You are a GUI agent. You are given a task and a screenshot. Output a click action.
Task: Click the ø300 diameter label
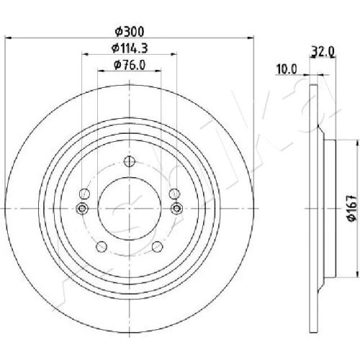(130, 32)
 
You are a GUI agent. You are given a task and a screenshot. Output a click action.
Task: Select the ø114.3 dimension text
(130, 48)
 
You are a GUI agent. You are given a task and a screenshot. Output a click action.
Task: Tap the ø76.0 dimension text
(130, 65)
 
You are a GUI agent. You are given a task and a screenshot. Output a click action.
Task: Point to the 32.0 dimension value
(323, 52)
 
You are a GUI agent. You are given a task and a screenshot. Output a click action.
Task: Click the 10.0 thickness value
(287, 69)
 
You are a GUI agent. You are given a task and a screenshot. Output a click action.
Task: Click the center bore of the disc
(130, 209)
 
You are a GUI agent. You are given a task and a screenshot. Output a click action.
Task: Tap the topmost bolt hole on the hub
(130, 161)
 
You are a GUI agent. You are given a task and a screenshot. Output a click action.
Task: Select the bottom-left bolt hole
(102, 246)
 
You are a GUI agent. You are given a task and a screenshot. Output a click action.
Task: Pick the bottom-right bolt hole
(158, 246)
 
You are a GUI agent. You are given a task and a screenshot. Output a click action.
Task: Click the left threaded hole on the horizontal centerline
(82, 208)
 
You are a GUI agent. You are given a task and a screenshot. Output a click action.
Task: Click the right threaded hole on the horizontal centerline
(176, 208)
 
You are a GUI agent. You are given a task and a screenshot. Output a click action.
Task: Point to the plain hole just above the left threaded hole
(84, 194)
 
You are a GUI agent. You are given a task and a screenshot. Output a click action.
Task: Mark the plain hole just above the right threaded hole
(174, 194)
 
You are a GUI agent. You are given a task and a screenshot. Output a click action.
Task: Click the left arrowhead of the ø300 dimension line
(8, 37)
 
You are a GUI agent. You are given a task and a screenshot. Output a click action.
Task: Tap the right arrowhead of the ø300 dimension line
(251, 37)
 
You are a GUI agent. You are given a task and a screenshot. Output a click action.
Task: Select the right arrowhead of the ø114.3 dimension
(174, 54)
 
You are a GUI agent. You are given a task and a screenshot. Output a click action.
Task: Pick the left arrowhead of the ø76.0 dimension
(101, 71)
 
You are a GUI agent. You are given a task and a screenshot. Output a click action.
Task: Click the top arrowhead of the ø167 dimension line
(356, 143)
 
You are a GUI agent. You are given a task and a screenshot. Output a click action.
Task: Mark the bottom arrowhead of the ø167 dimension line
(356, 274)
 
